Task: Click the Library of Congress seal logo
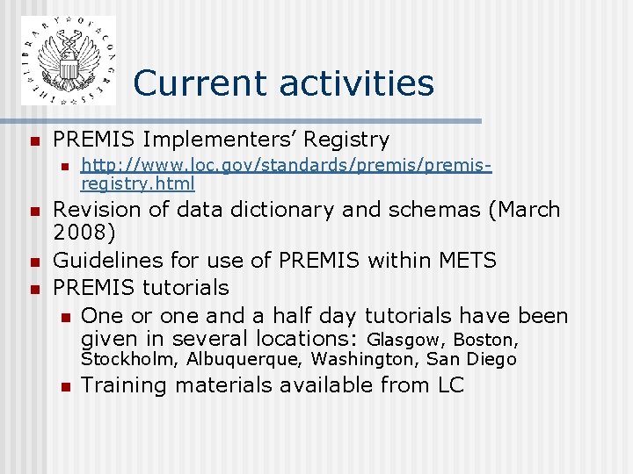coord(68,60)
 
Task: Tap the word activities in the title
coord(357,83)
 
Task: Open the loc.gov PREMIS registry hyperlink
coord(285,175)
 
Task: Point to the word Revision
coord(94,210)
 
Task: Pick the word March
coord(527,210)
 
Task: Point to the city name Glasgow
coord(406,340)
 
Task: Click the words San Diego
coord(472,359)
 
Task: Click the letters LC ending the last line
coord(449,384)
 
